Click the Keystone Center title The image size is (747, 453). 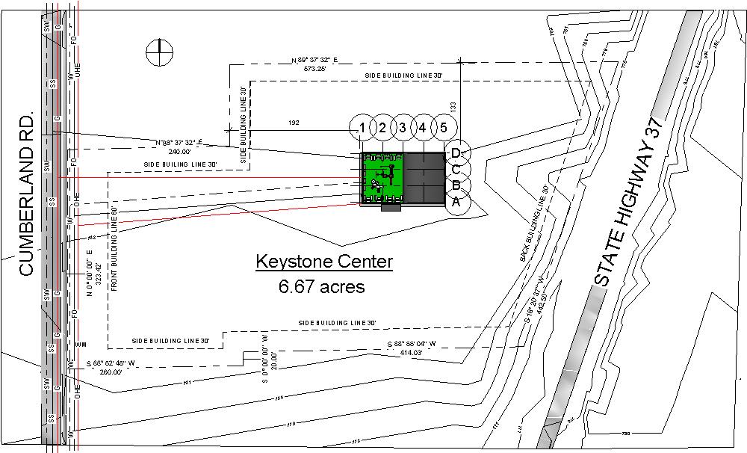pyautogui.click(x=324, y=262)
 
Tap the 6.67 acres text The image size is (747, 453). pyautogui.click(x=322, y=286)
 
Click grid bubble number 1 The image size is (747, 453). pyautogui.click(x=362, y=128)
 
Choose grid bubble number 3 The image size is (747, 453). pyautogui.click(x=403, y=128)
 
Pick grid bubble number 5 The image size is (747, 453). pyautogui.click(x=443, y=128)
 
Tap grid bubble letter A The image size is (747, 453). pyautogui.click(x=456, y=201)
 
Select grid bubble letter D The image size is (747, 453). pyautogui.click(x=456, y=153)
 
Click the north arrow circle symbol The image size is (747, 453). pyautogui.click(x=159, y=52)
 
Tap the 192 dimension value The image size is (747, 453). pyautogui.click(x=294, y=121)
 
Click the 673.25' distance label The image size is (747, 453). pyautogui.click(x=314, y=68)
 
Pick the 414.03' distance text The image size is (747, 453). pyautogui.click(x=412, y=351)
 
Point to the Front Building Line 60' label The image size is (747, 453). pyautogui.click(x=116, y=247)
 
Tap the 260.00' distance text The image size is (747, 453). pyautogui.click(x=111, y=372)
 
